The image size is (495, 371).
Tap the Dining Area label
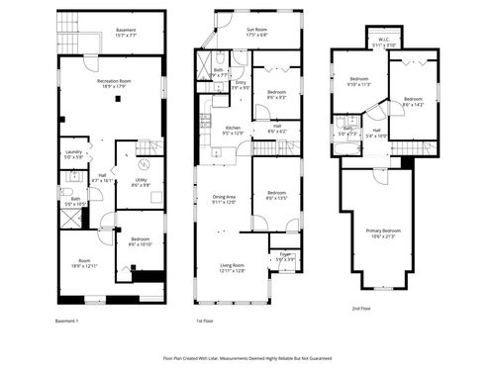click(x=225, y=199)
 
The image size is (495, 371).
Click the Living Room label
click(x=232, y=268)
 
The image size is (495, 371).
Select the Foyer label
click(x=285, y=256)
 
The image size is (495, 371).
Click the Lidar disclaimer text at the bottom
click(x=247, y=358)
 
